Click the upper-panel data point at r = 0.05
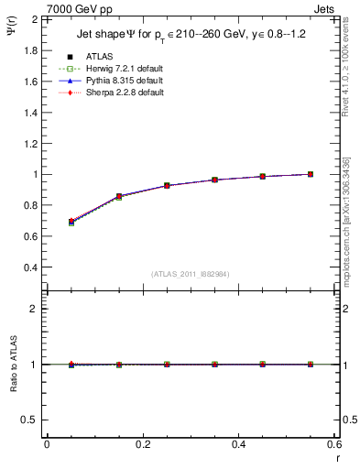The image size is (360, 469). click(x=71, y=222)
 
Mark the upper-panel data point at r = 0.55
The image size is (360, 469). click(x=311, y=174)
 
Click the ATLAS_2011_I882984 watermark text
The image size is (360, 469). click(x=190, y=274)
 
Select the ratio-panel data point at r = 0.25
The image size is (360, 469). click(x=167, y=364)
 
